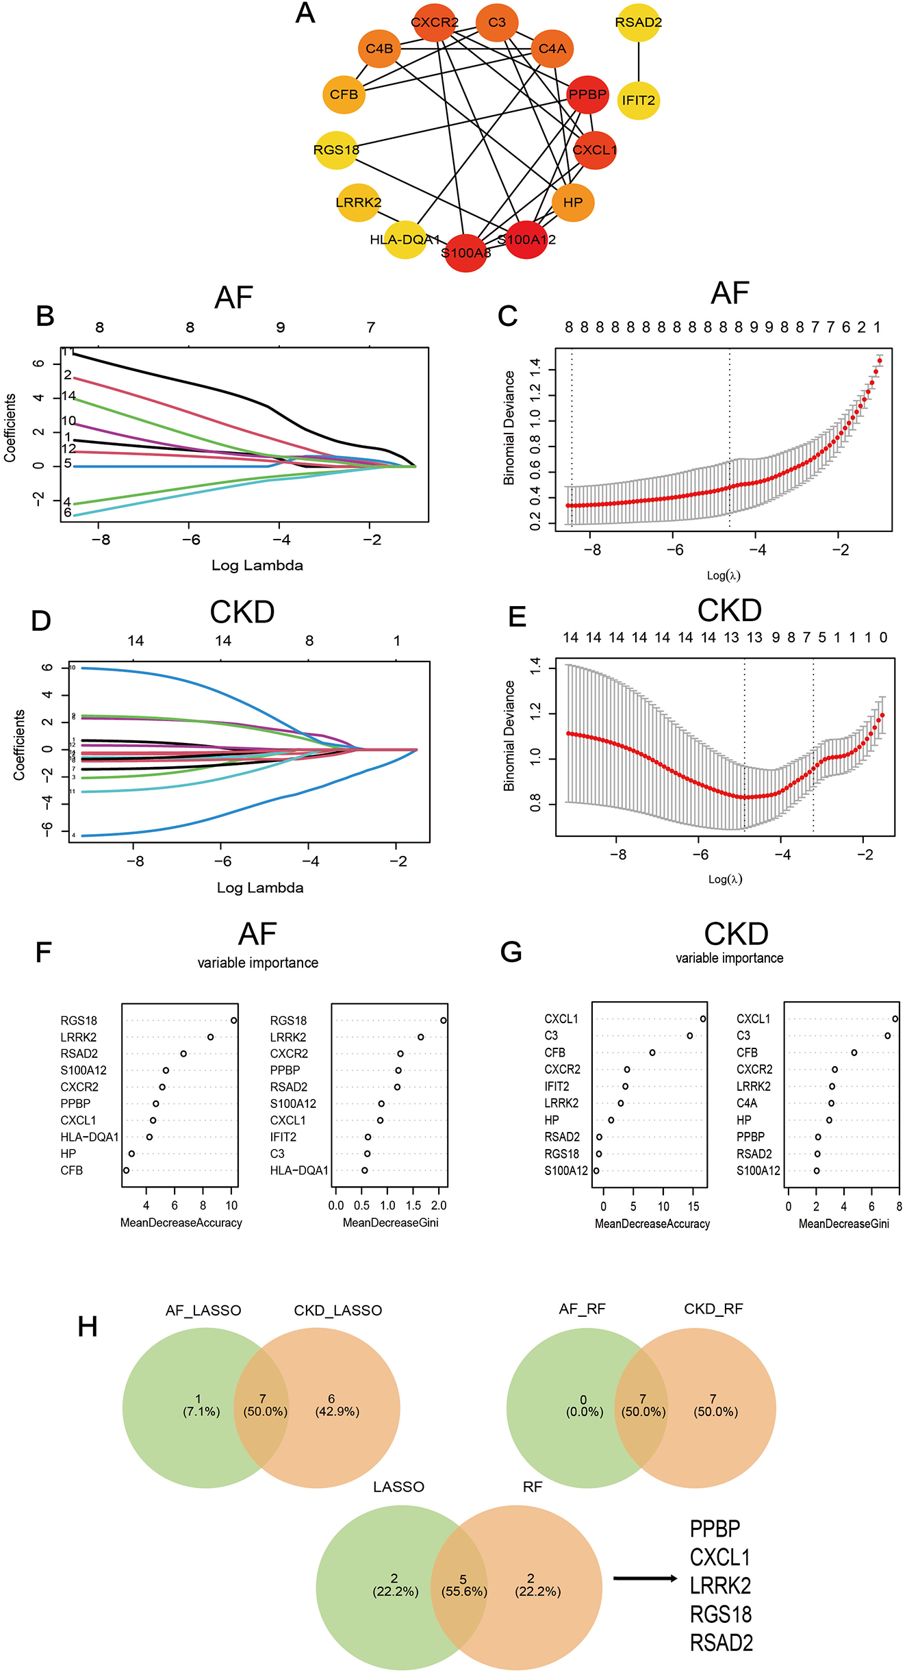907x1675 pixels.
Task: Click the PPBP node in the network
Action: pos(588,95)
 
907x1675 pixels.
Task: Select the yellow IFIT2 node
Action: pos(638,100)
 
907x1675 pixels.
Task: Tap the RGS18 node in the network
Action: pos(336,149)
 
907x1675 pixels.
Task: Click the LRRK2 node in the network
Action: pos(358,202)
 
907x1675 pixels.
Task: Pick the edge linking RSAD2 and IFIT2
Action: pos(638,62)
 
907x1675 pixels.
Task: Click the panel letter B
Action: pos(45,316)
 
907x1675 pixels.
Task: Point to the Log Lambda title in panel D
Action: pos(260,887)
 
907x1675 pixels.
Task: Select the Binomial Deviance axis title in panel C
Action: pos(509,428)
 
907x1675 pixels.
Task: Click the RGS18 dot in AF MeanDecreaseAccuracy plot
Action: pos(234,1020)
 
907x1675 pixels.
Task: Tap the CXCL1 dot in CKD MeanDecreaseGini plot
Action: pos(895,1019)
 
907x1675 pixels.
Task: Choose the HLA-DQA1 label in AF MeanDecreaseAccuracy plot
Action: pos(90,1137)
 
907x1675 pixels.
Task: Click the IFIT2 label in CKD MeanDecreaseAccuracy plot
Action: pos(557,1086)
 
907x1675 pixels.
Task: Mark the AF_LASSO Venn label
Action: pos(203,1311)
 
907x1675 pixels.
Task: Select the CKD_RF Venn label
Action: pos(713,1309)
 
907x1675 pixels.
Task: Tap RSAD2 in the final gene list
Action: pos(721,1643)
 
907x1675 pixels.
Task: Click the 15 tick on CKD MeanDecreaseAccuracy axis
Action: pos(693,1207)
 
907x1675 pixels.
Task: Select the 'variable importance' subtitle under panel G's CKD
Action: pos(730,958)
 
